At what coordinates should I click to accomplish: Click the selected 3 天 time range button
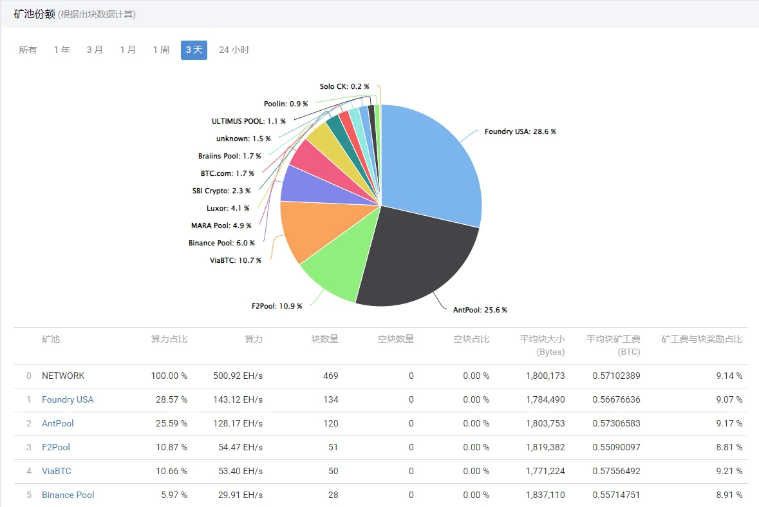194,50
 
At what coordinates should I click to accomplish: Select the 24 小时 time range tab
234,50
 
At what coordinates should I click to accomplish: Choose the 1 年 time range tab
62,50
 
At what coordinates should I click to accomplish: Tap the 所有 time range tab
28,50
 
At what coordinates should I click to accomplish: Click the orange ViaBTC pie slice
306,229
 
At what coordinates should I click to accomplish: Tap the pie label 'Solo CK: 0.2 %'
344,86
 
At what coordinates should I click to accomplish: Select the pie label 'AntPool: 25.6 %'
480,310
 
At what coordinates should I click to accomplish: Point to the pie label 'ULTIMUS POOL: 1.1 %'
248,121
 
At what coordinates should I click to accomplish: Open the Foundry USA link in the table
68,399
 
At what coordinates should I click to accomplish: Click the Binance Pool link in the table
68,495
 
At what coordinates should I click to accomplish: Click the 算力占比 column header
169,339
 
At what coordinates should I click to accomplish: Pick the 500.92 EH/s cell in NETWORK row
238,376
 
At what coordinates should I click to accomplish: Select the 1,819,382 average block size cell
544,447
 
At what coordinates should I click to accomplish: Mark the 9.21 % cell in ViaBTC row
729,471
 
